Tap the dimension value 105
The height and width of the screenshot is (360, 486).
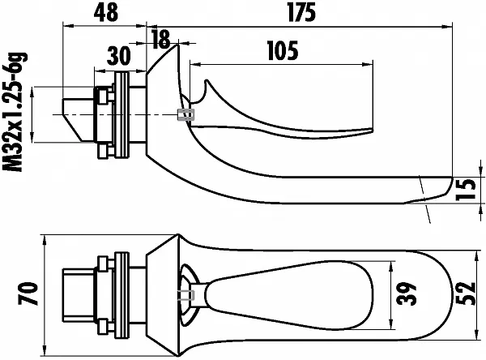coord(282,50)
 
